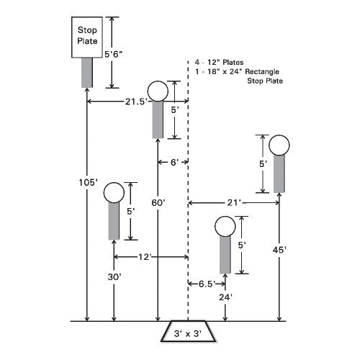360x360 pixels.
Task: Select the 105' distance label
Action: pos(89,183)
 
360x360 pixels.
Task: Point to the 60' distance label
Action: pos(158,203)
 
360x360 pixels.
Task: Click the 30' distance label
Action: pos(114,277)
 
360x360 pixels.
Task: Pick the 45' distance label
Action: pos(279,250)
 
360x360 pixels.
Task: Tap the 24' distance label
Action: pos(225,297)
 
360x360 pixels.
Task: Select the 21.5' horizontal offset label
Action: pos(136,102)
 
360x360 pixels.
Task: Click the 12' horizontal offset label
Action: pos(144,257)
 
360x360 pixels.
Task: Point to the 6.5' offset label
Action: pos(207,284)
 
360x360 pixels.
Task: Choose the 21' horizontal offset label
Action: pos(234,203)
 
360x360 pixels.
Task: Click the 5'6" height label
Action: pos(114,54)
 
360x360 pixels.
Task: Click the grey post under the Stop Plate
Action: pos(87,73)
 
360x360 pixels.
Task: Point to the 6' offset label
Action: pos(174,163)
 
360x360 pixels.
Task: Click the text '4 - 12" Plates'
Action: pos(219,63)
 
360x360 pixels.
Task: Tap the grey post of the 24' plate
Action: pos(225,255)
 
